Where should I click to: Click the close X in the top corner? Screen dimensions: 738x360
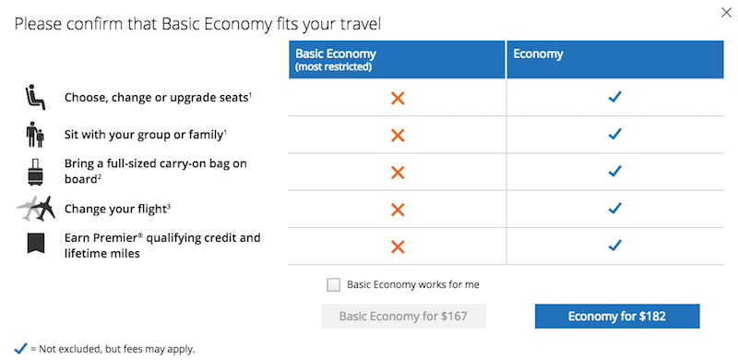coord(726,13)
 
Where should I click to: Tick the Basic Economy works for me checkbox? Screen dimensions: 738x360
coord(333,285)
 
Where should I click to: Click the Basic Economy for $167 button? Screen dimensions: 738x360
coord(403,317)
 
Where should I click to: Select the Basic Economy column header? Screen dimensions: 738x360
coord(398,60)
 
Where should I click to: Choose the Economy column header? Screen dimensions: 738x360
coord(615,60)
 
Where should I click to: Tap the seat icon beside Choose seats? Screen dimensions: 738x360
coord(35,98)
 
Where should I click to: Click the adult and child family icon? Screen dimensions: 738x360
coord(35,136)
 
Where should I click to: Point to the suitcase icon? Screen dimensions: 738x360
coord(36,172)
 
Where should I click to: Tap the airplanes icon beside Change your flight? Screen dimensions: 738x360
coord(36,209)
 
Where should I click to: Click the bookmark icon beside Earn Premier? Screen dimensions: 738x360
coord(36,244)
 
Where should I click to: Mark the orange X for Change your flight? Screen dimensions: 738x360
coord(398,210)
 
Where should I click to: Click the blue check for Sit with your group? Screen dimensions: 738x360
coord(614,134)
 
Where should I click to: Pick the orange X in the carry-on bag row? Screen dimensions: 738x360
coord(398,173)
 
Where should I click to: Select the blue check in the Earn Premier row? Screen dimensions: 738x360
coord(614,246)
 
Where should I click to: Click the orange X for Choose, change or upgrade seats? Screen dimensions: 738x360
coord(398,99)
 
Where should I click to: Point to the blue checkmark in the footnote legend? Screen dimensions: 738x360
coord(20,349)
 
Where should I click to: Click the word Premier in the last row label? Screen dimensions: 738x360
coord(117,238)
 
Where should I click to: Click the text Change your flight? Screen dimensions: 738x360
coord(115,209)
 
